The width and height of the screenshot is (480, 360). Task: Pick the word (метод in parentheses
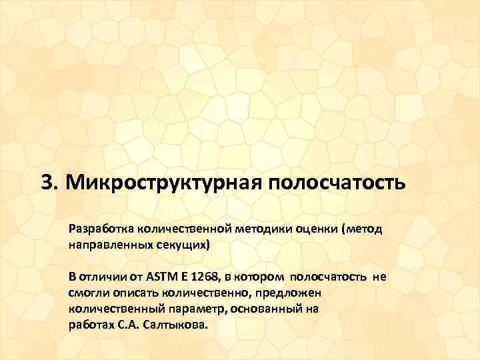pyautogui.click(x=361, y=229)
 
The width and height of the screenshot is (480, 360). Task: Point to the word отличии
pyautogui.click(x=101, y=277)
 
